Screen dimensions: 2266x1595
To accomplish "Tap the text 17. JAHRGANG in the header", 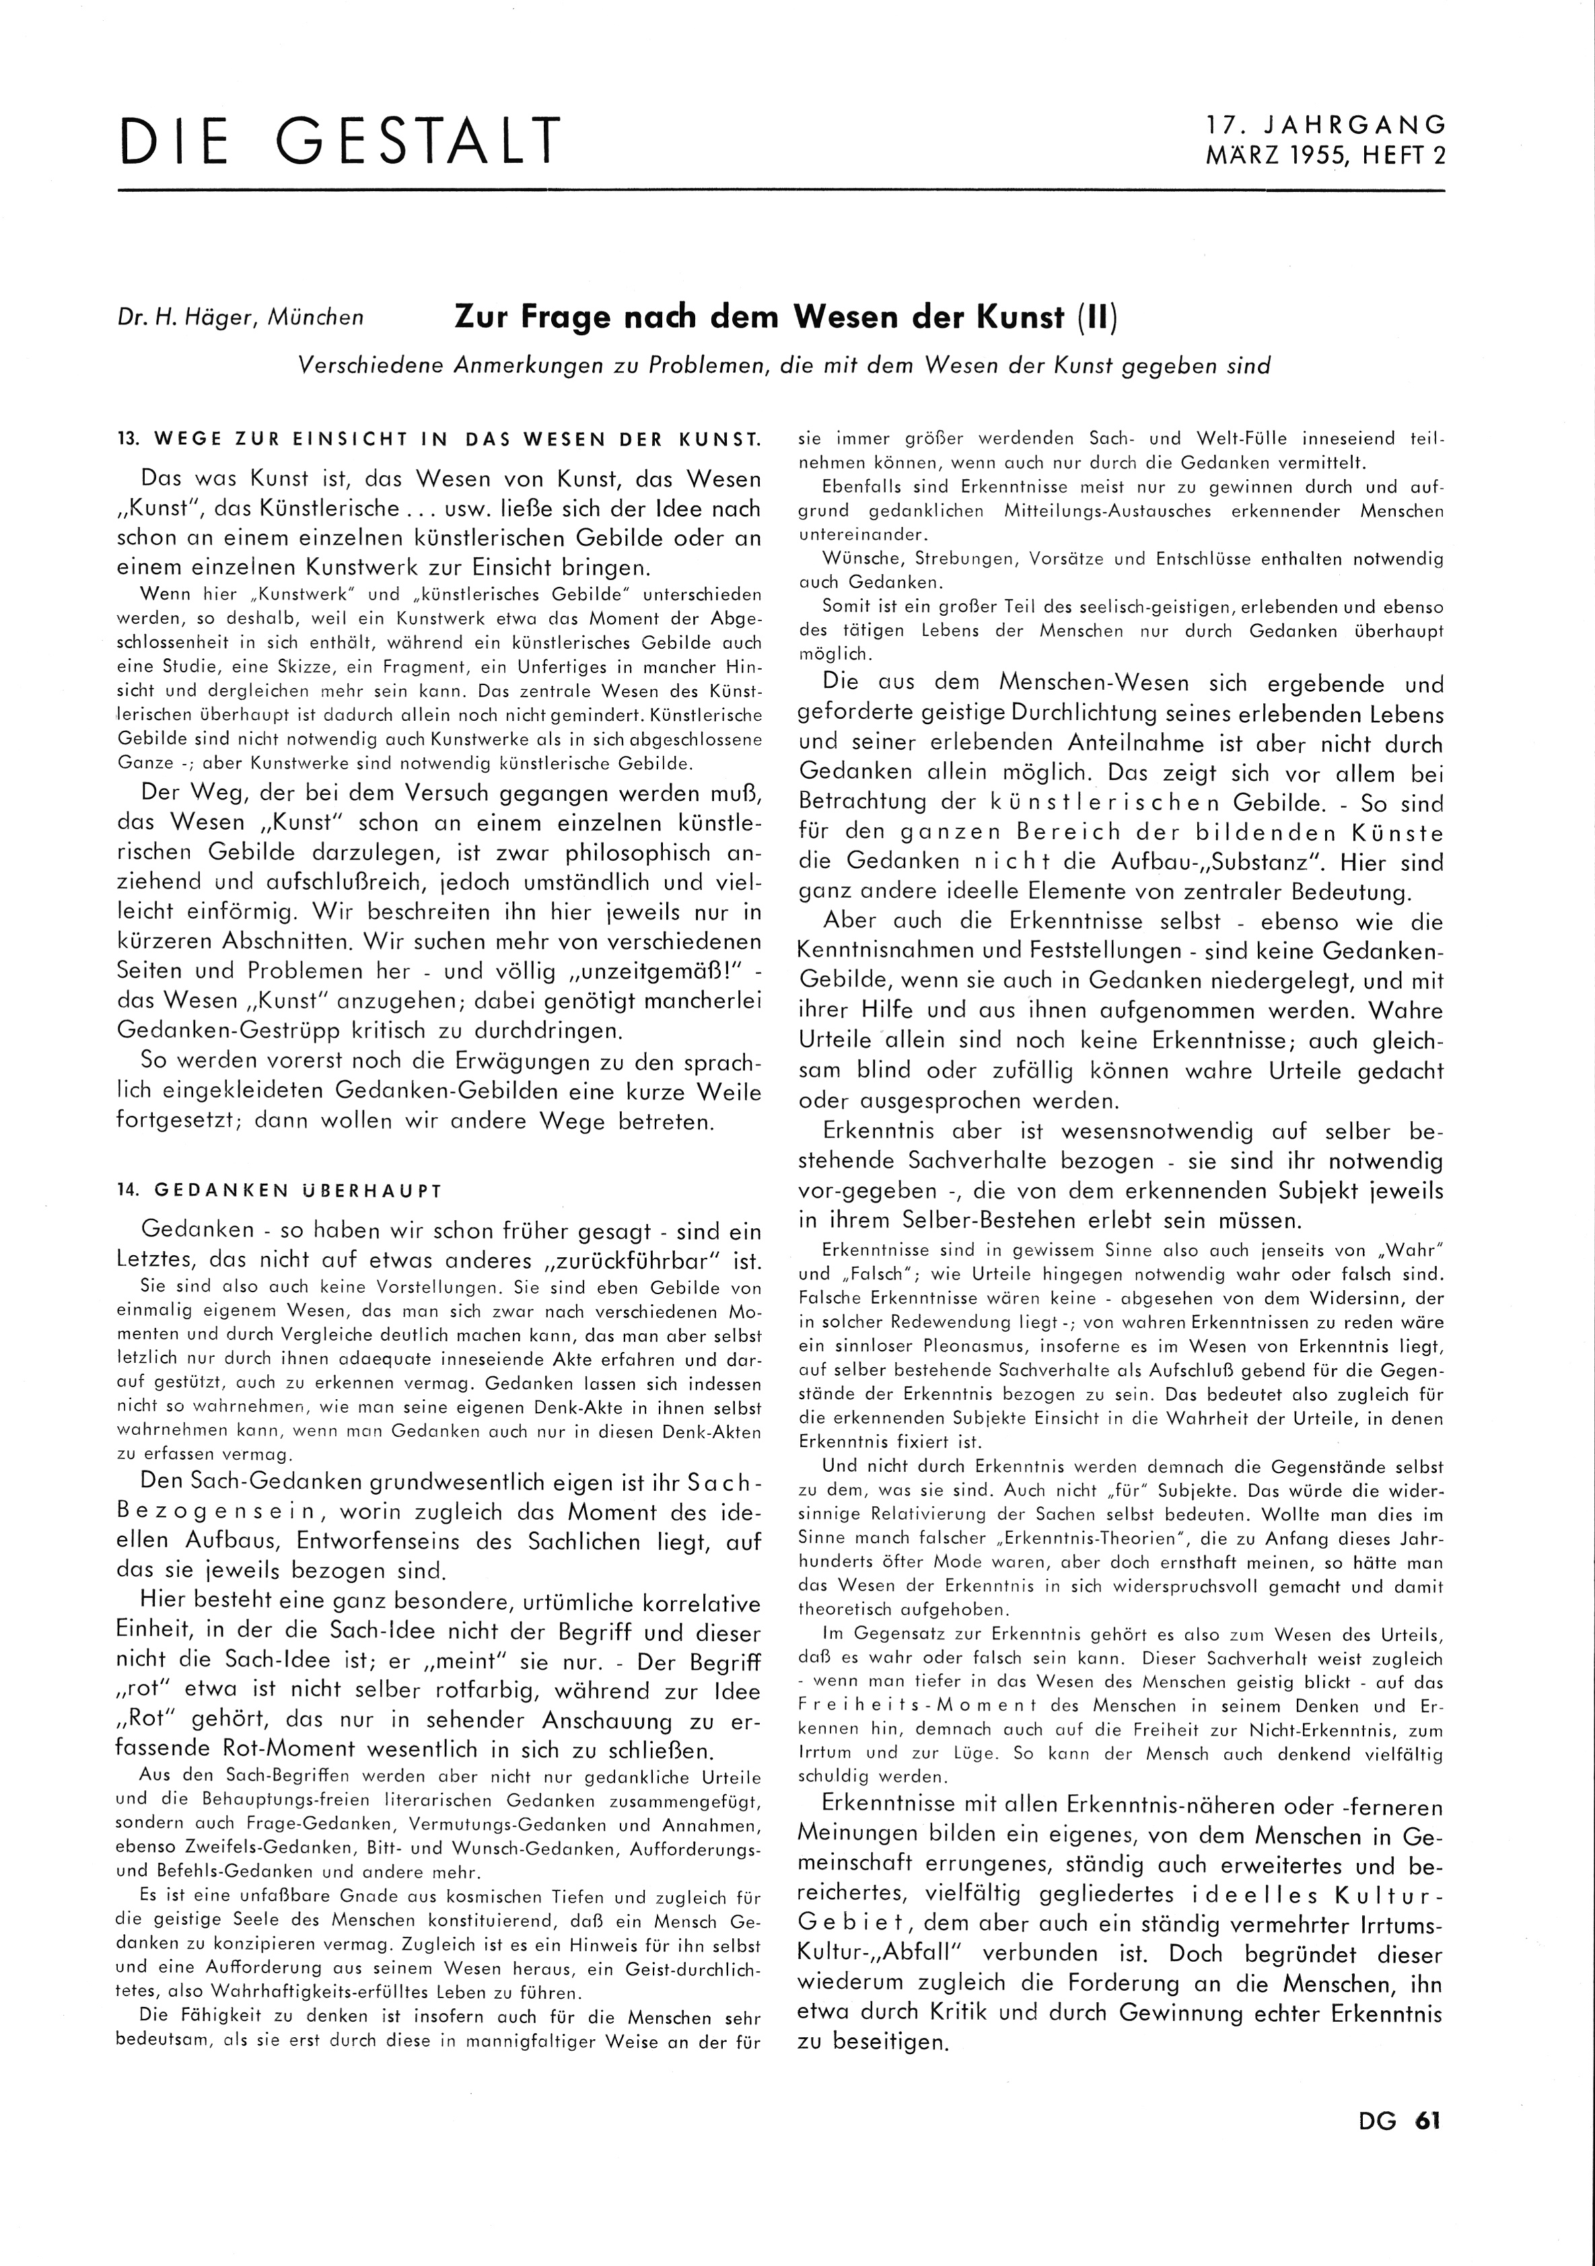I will click(x=1326, y=125).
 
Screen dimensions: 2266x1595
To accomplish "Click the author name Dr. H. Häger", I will click(x=192, y=318).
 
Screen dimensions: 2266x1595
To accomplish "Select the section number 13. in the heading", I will click(x=127, y=439).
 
